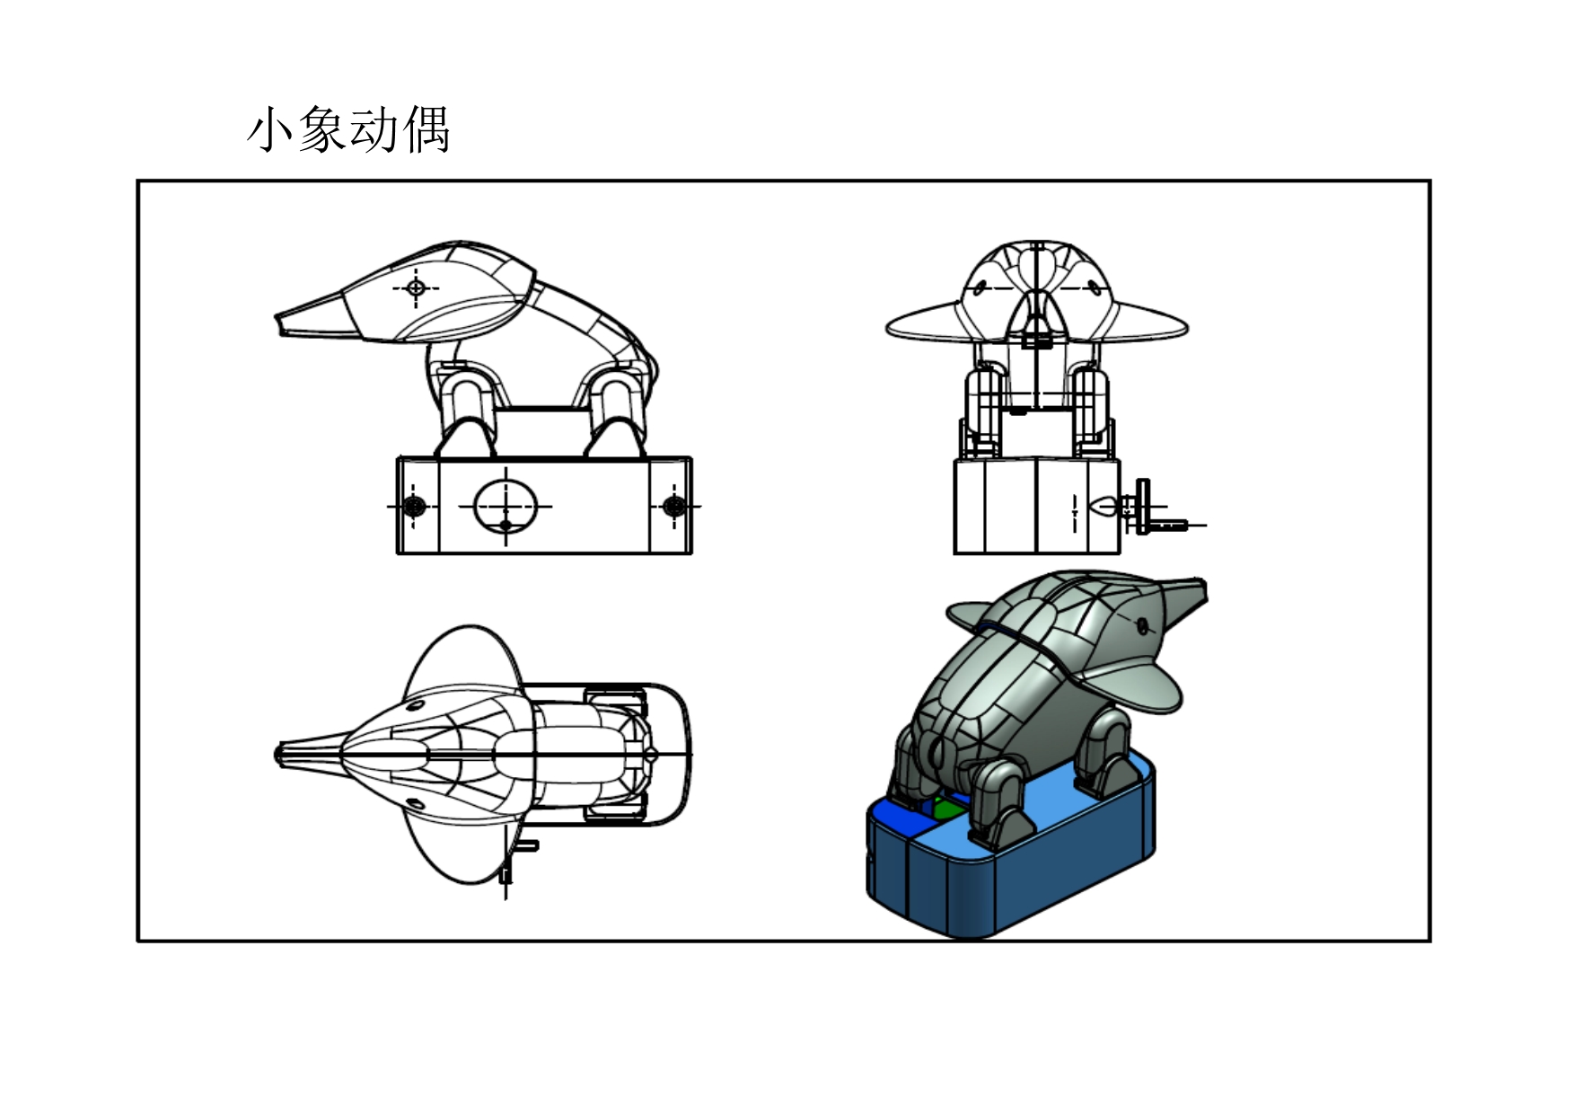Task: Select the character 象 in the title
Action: tap(322, 129)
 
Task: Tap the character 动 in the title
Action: tap(374, 129)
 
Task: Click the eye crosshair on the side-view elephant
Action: tap(416, 287)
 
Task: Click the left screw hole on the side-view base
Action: tap(413, 506)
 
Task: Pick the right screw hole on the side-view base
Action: tap(673, 506)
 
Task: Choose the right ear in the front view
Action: tap(1149, 323)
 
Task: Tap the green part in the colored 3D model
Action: tap(945, 809)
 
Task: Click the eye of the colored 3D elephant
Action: tap(1142, 624)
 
